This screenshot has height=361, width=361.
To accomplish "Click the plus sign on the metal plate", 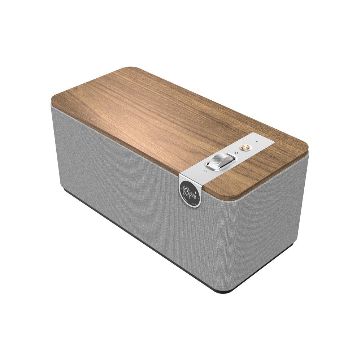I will coord(236,153).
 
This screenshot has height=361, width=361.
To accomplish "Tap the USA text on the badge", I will coord(195,201).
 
